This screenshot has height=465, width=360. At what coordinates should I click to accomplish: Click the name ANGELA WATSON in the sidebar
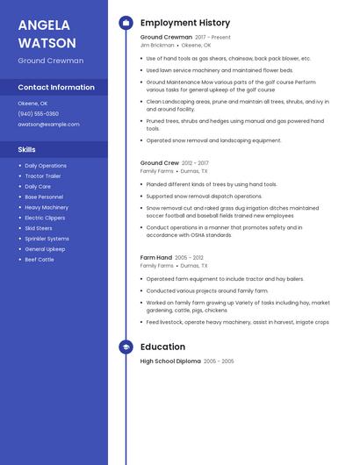point(47,33)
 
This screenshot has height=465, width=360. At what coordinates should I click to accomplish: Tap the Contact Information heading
point(56,87)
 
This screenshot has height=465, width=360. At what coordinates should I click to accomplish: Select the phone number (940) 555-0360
point(39,113)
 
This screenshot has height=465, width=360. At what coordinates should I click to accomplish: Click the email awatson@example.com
point(48,124)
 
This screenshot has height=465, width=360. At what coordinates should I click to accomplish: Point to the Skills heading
point(26,149)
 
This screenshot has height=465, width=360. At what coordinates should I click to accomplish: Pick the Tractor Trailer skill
point(43,175)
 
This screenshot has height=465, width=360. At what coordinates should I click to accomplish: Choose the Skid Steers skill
point(39,228)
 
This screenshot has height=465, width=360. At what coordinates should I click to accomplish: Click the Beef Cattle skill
point(40,260)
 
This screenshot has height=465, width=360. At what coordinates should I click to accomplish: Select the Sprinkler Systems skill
point(47,239)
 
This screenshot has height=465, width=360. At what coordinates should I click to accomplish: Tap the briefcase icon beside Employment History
point(126,22)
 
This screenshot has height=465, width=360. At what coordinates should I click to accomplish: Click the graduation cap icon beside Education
point(126,347)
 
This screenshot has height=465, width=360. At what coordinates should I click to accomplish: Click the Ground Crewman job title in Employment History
point(166,38)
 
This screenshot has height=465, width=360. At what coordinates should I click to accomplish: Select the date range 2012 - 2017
point(196,163)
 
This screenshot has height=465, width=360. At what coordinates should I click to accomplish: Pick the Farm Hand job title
point(155,257)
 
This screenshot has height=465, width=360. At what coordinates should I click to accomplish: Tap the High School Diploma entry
point(170,361)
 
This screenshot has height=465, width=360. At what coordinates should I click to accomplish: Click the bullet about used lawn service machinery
point(220,70)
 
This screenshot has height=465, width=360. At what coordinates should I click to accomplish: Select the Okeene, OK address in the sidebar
point(32,103)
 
